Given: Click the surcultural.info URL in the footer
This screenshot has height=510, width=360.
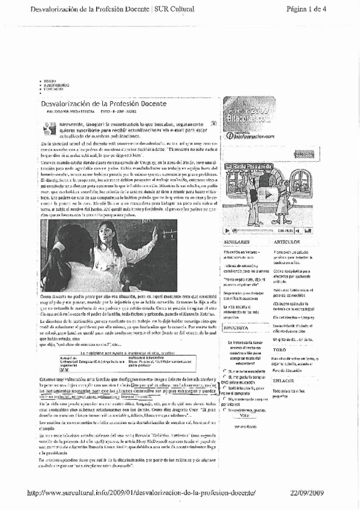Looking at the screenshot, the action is [142, 493].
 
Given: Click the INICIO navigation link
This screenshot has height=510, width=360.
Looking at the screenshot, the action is [49, 81].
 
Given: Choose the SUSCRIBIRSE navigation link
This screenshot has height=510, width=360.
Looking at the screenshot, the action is [56, 85].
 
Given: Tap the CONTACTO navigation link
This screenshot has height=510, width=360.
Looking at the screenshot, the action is [53, 89].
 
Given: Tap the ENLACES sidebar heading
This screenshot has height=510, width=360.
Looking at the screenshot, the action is [283, 381].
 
